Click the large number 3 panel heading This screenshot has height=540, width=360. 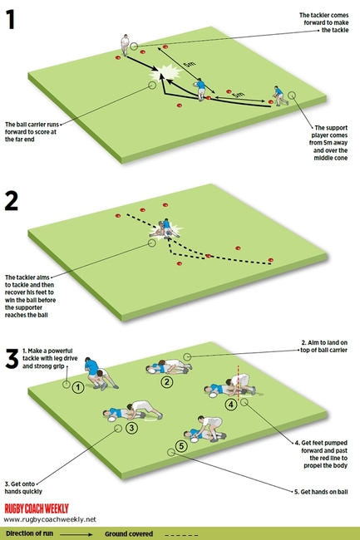coord(12,358)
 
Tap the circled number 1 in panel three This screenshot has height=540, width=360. coord(76,386)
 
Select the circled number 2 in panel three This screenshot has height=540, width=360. coord(166,381)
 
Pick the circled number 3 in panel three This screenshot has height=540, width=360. coord(131,428)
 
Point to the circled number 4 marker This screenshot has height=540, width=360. coord(232,404)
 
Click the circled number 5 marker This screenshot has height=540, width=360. coord(181,447)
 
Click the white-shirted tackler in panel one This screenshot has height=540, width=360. coord(125,43)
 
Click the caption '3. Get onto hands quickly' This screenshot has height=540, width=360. coord(30,485)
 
